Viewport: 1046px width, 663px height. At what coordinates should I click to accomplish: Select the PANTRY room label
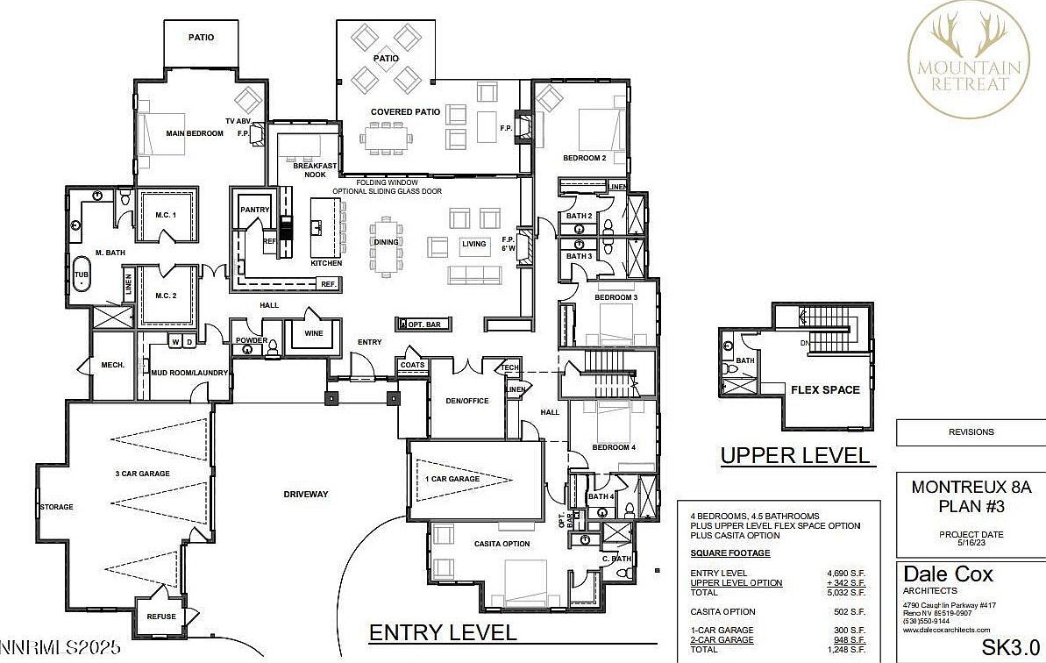tap(255, 210)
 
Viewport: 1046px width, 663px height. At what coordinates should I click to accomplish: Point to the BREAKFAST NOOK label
tap(309, 169)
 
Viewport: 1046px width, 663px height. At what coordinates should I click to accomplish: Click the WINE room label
tap(313, 333)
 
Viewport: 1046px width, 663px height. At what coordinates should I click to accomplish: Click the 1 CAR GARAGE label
tap(452, 479)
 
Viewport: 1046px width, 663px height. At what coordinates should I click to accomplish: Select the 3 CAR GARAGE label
tap(142, 474)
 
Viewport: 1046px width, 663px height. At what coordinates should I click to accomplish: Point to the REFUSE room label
tap(161, 616)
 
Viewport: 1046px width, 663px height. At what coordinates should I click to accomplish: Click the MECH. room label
tap(110, 365)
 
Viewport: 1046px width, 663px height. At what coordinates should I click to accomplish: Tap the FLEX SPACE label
tap(825, 389)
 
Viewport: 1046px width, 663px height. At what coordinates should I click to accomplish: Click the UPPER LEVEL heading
tap(794, 455)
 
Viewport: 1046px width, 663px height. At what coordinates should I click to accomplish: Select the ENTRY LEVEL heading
tap(443, 632)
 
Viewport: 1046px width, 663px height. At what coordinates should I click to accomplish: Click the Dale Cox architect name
tap(948, 574)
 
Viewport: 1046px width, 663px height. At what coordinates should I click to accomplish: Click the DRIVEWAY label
tap(305, 494)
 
